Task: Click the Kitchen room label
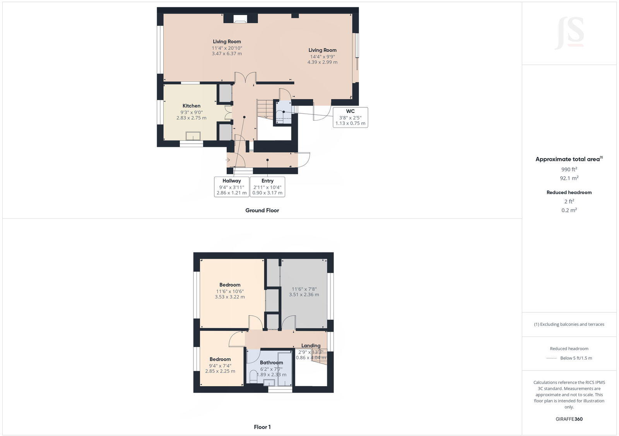[192, 106]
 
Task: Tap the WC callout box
[350, 117]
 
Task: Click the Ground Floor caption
[262, 210]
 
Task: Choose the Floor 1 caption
[262, 427]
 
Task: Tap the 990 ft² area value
[569, 169]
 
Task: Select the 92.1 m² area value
[569, 178]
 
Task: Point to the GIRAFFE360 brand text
[569, 419]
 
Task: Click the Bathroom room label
[271, 363]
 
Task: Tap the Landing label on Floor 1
[311, 346]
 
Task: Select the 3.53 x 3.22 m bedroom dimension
[230, 297]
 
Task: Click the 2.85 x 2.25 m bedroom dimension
[220, 371]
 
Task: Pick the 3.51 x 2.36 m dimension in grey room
[304, 295]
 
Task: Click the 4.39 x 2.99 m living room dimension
[322, 62]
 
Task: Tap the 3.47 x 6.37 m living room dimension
[227, 53]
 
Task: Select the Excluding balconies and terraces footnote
[569, 324]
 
